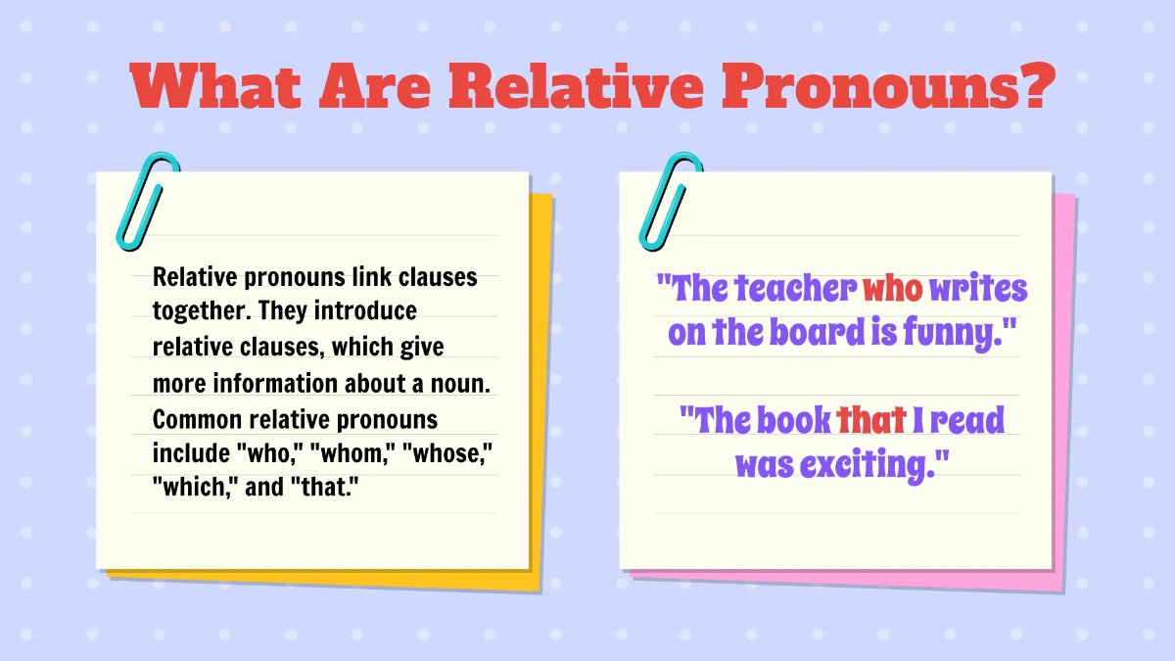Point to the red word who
coord(892,290)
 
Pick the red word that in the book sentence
coord(870,421)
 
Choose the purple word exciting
coord(874,464)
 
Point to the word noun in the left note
coord(459,384)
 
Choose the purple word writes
coord(978,290)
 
